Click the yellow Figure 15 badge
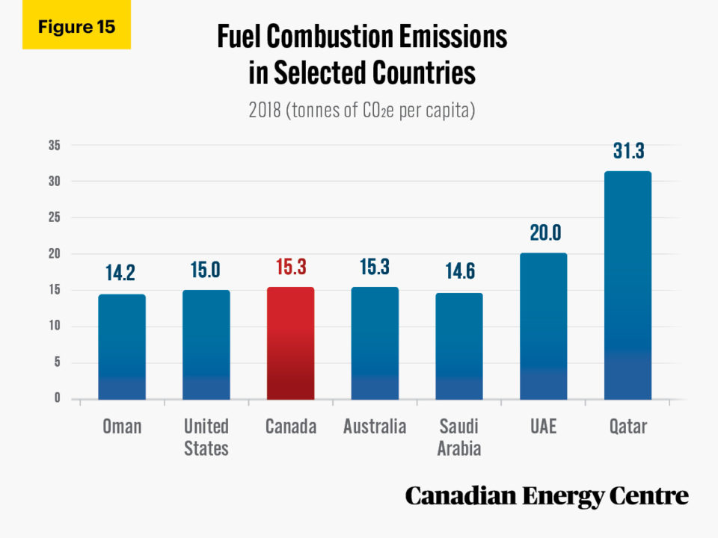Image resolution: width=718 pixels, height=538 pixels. pyautogui.click(x=76, y=27)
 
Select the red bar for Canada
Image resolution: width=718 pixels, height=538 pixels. pyautogui.click(x=290, y=343)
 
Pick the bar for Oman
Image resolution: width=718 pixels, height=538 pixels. pyautogui.click(x=122, y=347)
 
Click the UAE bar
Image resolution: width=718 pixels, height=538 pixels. pyautogui.click(x=544, y=326)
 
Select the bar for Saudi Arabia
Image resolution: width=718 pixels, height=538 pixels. pyautogui.click(x=459, y=346)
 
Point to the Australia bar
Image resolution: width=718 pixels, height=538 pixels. pyautogui.click(x=375, y=343)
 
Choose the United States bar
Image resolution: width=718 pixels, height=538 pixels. pyautogui.click(x=206, y=344)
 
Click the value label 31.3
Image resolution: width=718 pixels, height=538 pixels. pyautogui.click(x=628, y=151)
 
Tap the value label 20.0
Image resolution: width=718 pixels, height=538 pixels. pyautogui.click(x=544, y=232)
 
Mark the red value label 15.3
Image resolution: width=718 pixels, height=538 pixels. pyautogui.click(x=290, y=267)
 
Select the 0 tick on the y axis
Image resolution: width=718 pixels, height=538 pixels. pyautogui.click(x=56, y=399)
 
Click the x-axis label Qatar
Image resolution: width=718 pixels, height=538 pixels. pyautogui.click(x=628, y=427)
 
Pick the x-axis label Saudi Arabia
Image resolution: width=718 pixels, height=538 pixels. pyautogui.click(x=459, y=437)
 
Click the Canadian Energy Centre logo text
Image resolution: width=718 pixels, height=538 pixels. pyautogui.click(x=547, y=495)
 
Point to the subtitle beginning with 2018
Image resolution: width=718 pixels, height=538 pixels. pyautogui.click(x=362, y=111)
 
